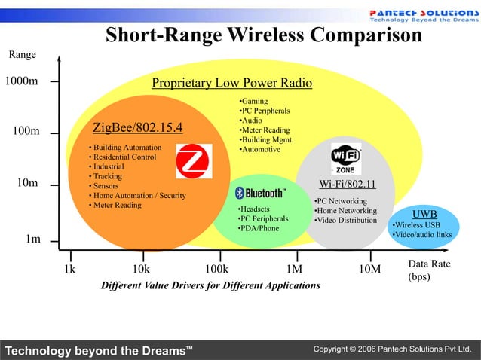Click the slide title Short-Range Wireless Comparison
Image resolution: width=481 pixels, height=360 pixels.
click(x=263, y=35)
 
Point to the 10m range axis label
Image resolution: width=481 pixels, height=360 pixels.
click(x=28, y=183)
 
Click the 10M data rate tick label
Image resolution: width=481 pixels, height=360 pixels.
click(x=369, y=269)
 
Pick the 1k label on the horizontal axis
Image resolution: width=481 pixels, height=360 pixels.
click(x=69, y=269)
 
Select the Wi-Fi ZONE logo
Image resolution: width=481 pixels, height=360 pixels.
click(x=345, y=159)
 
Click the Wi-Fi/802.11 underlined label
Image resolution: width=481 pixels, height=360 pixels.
click(x=347, y=185)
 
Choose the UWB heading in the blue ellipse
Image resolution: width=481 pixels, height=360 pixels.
click(x=424, y=215)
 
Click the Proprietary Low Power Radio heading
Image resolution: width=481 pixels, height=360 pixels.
click(x=231, y=83)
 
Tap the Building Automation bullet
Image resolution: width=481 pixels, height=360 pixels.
click(x=125, y=147)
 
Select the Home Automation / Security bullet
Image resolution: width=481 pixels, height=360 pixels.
click(x=137, y=196)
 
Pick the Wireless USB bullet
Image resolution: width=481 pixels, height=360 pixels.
click(x=417, y=225)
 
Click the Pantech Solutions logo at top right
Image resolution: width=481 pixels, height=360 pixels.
click(x=422, y=16)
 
